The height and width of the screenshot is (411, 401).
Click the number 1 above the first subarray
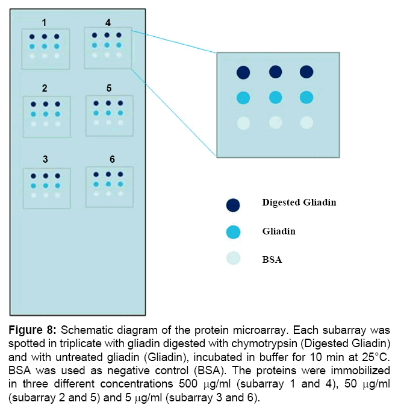[x=45, y=22]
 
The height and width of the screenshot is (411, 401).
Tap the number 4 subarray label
[x=108, y=23]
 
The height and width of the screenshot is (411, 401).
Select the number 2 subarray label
[x=45, y=89]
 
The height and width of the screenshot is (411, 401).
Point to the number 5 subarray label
[x=109, y=88]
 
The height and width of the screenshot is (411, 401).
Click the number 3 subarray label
[x=45, y=159]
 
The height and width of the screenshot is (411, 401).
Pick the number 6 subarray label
[x=112, y=159]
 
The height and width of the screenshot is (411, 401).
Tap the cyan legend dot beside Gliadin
[x=233, y=231]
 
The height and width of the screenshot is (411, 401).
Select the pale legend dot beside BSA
[x=233, y=259]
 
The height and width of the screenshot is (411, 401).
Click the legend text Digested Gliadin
[x=299, y=202]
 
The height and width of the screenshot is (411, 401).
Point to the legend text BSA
[x=272, y=260]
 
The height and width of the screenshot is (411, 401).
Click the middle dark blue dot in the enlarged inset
[x=275, y=73]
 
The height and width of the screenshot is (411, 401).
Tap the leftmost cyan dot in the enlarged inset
[x=243, y=98]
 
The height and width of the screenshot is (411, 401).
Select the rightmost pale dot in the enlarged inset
[x=306, y=123]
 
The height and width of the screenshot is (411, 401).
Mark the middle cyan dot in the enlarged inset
[x=275, y=98]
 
